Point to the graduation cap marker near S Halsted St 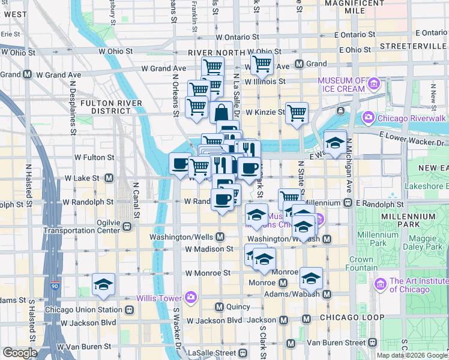(x=103, y=285)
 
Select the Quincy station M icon (x=219, y=307)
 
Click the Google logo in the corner (x=19, y=353)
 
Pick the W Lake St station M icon (x=109, y=178)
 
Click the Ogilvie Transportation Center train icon (x=127, y=226)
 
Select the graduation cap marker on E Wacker (x=335, y=142)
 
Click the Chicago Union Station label (x=83, y=310)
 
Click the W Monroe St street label (x=208, y=272)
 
